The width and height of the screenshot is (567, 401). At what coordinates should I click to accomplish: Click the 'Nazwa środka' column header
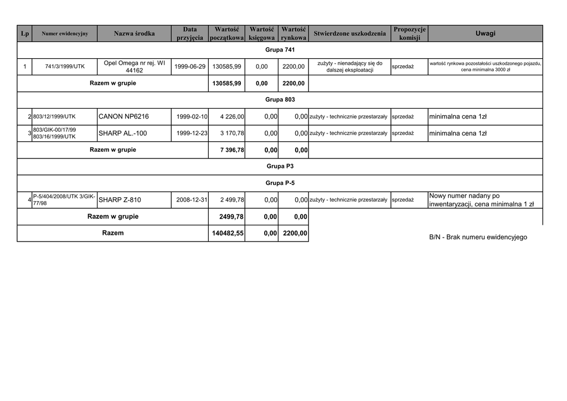134,34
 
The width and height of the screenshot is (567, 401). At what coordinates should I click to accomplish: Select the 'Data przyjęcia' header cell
190,34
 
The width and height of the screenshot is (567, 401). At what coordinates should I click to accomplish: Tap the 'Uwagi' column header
485,34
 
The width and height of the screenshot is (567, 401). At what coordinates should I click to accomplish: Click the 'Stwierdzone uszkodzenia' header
349,34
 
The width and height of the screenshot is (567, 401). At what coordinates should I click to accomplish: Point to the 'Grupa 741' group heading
280,50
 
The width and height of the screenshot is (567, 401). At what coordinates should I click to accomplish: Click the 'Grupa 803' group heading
280,100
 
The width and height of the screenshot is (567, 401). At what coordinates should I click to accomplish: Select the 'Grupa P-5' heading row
280,183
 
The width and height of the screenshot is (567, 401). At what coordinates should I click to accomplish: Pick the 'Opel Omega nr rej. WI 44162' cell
134,66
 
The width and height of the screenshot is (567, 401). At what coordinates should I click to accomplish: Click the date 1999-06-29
190,66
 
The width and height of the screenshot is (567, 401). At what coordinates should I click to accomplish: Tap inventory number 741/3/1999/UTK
65,66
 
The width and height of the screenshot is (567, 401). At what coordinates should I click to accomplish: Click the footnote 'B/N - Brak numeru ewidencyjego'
478,238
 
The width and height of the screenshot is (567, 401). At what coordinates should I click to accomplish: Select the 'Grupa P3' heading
280,166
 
